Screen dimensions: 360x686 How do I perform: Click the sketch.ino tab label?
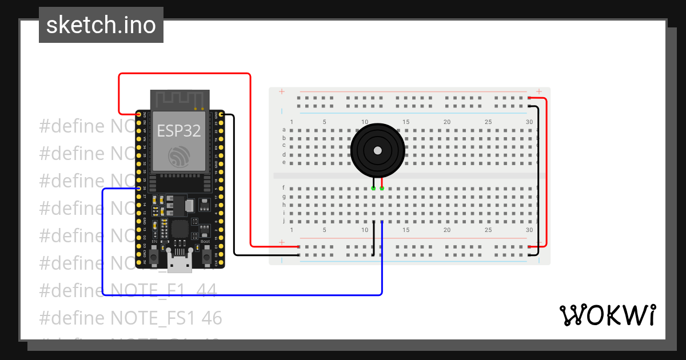coord(101,25)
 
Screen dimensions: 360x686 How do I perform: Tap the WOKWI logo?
coord(607,315)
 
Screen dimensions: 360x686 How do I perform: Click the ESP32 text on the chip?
coord(179,130)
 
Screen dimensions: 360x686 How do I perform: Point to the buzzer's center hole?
coord(377,150)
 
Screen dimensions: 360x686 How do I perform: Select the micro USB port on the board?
coord(180,262)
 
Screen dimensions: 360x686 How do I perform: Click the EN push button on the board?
coord(154,255)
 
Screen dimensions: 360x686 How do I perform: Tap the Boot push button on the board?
coord(206,255)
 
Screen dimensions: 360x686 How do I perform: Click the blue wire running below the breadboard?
coord(240,295)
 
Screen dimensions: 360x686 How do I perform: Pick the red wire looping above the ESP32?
coord(183,74)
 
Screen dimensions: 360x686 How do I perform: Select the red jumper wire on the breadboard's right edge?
coord(547,171)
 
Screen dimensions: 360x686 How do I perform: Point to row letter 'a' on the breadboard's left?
coord(284,130)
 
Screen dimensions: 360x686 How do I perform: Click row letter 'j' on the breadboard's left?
coord(284,221)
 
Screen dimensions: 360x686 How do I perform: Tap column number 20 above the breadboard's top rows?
coord(447,122)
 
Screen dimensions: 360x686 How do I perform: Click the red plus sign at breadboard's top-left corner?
coord(281,91)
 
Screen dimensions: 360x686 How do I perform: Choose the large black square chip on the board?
coord(180,230)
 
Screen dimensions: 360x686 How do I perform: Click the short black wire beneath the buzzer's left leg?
coord(373,237)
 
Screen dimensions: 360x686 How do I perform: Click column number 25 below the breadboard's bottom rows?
coord(488,230)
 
